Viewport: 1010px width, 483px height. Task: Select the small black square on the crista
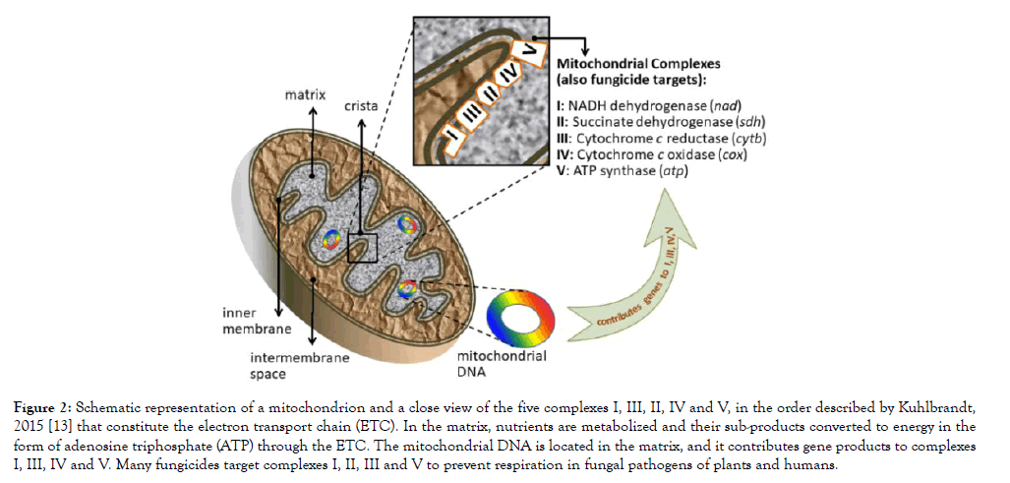click(362, 245)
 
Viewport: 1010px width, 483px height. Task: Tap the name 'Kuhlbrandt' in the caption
click(939, 407)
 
